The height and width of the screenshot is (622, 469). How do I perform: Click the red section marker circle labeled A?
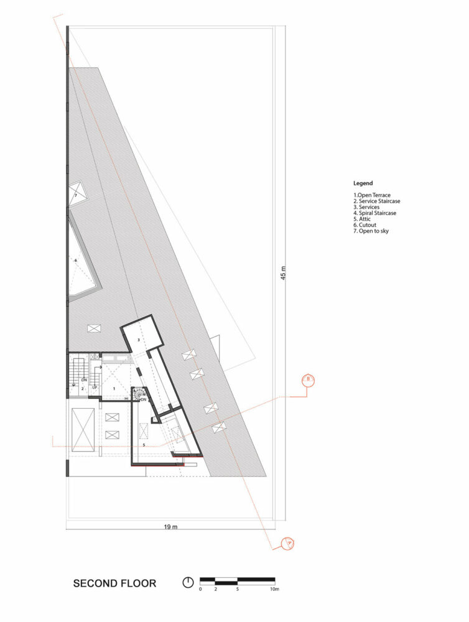click(287, 543)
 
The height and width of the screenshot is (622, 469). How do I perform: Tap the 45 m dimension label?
click(282, 273)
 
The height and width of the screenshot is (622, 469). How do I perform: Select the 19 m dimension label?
click(171, 527)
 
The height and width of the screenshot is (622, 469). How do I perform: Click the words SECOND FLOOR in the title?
click(114, 583)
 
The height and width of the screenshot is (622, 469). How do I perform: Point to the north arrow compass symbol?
click(188, 583)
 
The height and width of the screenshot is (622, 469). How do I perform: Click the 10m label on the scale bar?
click(274, 588)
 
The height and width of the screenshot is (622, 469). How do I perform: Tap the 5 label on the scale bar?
click(238, 588)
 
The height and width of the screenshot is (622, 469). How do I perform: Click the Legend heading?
click(363, 183)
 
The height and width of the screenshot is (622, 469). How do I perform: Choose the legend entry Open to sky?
click(372, 231)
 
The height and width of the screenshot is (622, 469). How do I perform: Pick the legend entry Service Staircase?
click(377, 202)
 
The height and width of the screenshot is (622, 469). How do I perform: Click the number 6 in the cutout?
click(75, 260)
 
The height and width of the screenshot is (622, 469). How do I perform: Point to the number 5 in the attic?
click(143, 445)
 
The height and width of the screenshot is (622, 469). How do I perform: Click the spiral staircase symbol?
click(139, 394)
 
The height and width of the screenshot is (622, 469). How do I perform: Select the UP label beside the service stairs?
click(95, 388)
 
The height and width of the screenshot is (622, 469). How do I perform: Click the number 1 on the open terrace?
click(113, 388)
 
